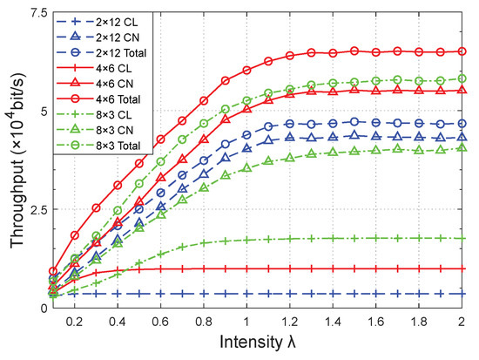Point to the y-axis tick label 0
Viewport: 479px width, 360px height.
(x=42, y=308)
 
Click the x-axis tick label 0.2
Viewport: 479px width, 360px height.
(x=76, y=322)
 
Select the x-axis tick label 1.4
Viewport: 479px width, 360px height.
(x=333, y=322)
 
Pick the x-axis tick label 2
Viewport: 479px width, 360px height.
(x=462, y=322)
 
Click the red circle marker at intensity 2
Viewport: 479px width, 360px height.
(x=462, y=51)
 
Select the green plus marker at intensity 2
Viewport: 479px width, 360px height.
(x=462, y=239)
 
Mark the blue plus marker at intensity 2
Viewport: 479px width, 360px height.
(x=462, y=295)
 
